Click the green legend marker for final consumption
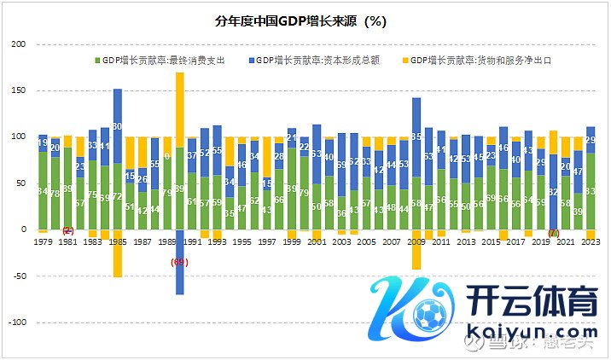[96, 61]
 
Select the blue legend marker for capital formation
[251, 61]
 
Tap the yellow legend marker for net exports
[404, 61]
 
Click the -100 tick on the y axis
[17, 322]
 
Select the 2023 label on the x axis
[590, 242]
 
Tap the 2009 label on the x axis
[416, 242]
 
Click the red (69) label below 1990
[180, 262]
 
